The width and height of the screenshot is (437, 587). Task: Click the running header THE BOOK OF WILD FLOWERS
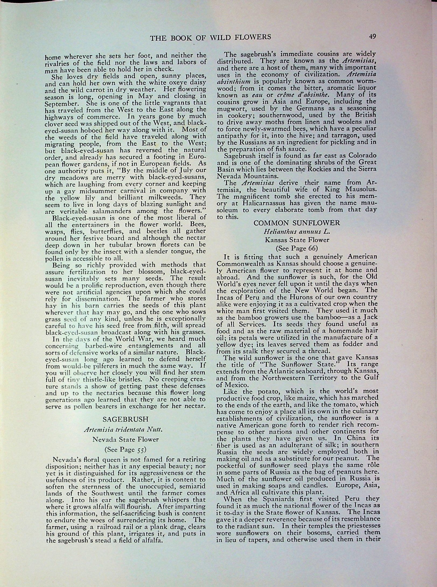pos(210,37)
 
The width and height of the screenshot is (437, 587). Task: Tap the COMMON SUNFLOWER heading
pos(297,223)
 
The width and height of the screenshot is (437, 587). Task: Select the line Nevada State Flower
pos(125,439)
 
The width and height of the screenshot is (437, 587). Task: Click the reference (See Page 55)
pos(125,449)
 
